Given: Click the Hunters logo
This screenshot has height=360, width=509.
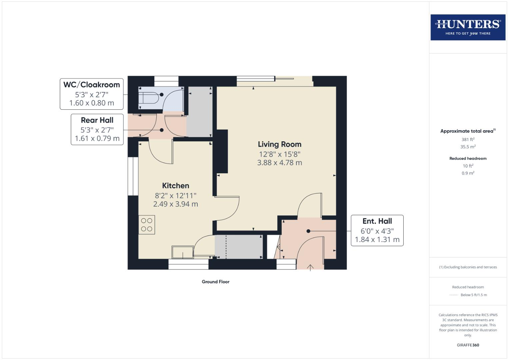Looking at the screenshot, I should [468, 27].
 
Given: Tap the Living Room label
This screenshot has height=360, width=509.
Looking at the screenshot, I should [279, 144].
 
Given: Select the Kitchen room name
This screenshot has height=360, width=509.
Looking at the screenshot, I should [175, 186].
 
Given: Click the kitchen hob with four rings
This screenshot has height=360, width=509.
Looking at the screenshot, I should [147, 225].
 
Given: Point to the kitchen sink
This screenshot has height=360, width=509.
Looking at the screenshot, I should [183, 252].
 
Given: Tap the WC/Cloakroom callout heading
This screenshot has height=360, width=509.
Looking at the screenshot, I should [91, 85].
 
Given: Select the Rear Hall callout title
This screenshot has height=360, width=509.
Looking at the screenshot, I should [97, 120].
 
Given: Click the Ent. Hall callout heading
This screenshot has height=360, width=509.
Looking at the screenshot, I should [377, 221].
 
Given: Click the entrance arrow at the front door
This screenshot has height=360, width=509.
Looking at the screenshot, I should [310, 267].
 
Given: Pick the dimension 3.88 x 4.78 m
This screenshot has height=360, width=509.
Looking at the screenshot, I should [279, 163].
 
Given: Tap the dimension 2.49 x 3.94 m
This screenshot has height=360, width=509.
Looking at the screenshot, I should [175, 204].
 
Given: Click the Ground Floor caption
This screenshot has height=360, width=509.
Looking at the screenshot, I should [215, 282].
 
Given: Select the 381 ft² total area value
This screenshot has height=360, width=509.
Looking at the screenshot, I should [468, 139].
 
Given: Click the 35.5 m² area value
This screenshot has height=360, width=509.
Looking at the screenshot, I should [468, 147].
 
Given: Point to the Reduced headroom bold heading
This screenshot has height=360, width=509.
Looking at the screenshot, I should [468, 158].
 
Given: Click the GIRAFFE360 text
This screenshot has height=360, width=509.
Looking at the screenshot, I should [468, 345].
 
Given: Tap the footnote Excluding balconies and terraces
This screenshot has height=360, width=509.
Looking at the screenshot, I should [468, 267].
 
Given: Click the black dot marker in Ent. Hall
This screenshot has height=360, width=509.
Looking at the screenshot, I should [308, 231].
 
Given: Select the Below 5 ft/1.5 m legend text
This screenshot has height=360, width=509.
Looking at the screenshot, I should [473, 295].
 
